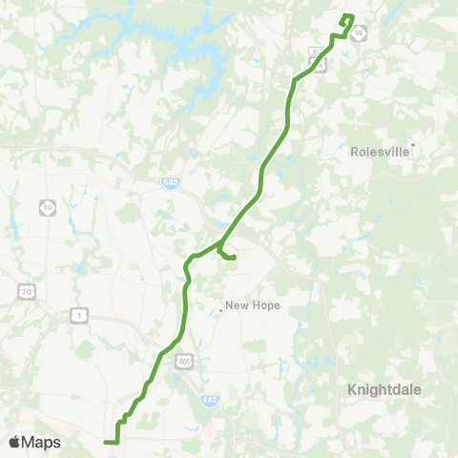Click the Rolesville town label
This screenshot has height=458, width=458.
[x=379, y=151]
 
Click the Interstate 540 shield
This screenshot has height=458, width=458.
[x=171, y=181]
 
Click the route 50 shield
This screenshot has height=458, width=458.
[x=48, y=206]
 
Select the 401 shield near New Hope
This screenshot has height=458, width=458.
[x=183, y=360]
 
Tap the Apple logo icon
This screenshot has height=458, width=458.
[x=15, y=442]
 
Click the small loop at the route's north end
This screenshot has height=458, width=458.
[x=347, y=19]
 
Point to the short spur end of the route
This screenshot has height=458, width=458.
[x=235, y=258]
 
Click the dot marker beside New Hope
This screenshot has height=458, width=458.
[x=220, y=308]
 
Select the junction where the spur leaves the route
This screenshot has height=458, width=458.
[x=219, y=246]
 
